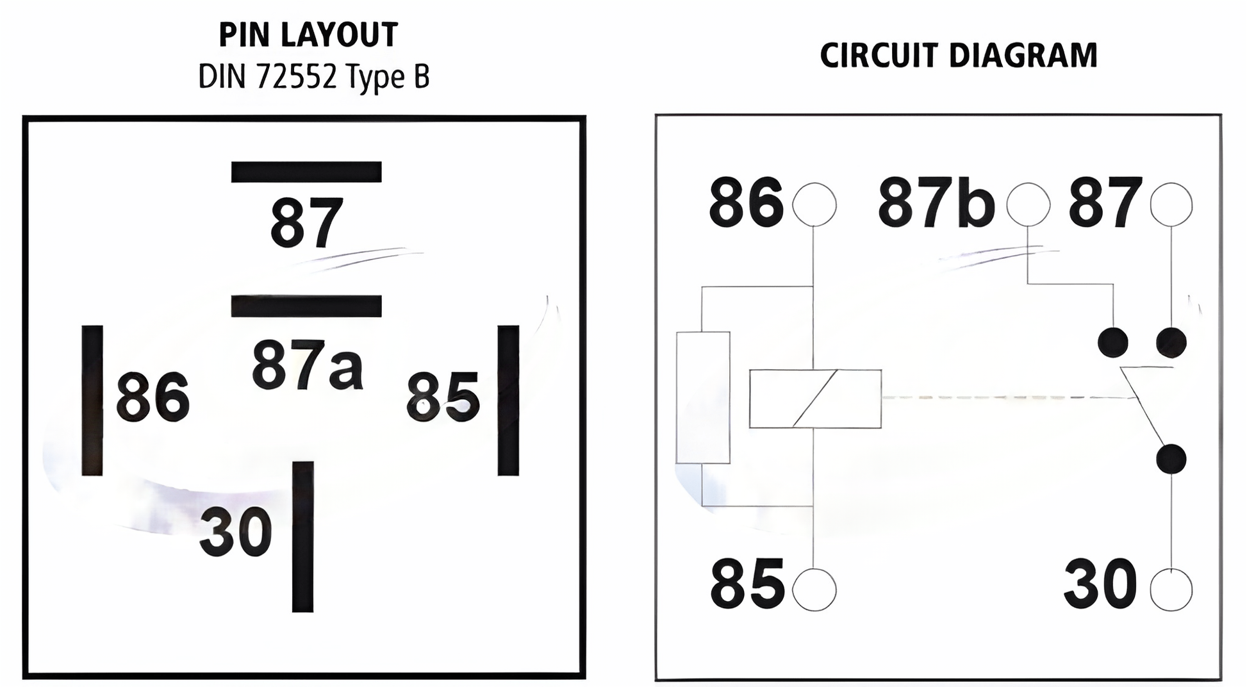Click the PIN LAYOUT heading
(x=308, y=35)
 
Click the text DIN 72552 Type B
(x=313, y=77)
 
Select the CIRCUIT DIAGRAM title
(x=959, y=55)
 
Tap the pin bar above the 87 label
(x=306, y=172)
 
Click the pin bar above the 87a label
(x=306, y=306)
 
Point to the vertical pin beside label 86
(x=92, y=400)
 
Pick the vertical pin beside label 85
(x=508, y=400)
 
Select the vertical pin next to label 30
(x=302, y=536)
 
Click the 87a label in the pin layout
(x=307, y=365)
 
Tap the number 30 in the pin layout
(x=236, y=532)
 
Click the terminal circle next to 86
(x=814, y=204)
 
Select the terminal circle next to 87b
(x=1028, y=204)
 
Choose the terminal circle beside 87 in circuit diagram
(x=1171, y=204)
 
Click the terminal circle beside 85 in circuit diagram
(x=814, y=589)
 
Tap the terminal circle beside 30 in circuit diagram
(x=1171, y=589)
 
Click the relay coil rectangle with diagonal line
(x=815, y=399)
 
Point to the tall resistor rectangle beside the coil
(x=703, y=397)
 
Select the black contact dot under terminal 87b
(x=1112, y=342)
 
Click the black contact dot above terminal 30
(x=1171, y=459)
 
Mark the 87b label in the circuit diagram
(x=936, y=203)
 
